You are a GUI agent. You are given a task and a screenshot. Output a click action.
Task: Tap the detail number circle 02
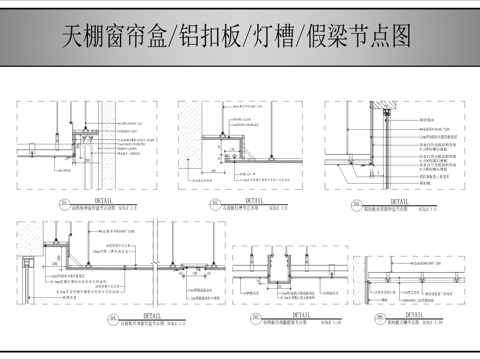point(187,204)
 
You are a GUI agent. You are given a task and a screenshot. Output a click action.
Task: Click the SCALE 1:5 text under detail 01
point(129,206)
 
